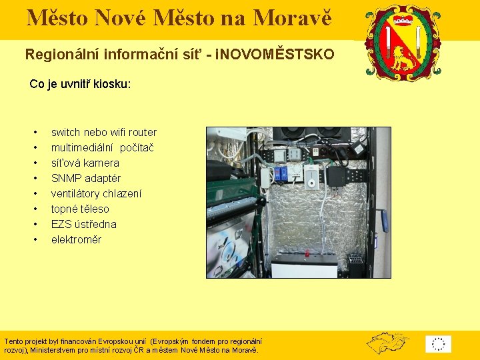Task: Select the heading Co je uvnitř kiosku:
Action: click(x=80, y=85)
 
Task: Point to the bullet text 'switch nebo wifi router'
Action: click(x=103, y=132)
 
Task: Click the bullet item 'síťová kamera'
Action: click(x=85, y=163)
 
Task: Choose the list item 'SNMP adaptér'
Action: click(x=85, y=178)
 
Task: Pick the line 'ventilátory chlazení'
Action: click(x=96, y=193)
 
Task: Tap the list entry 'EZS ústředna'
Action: click(x=83, y=224)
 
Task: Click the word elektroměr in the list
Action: click(x=76, y=239)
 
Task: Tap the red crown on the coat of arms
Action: click(x=403, y=15)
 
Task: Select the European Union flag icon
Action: click(x=438, y=344)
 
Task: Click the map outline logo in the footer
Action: click(x=387, y=343)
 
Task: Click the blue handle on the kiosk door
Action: click(x=383, y=219)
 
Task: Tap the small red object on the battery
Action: click(x=307, y=253)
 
